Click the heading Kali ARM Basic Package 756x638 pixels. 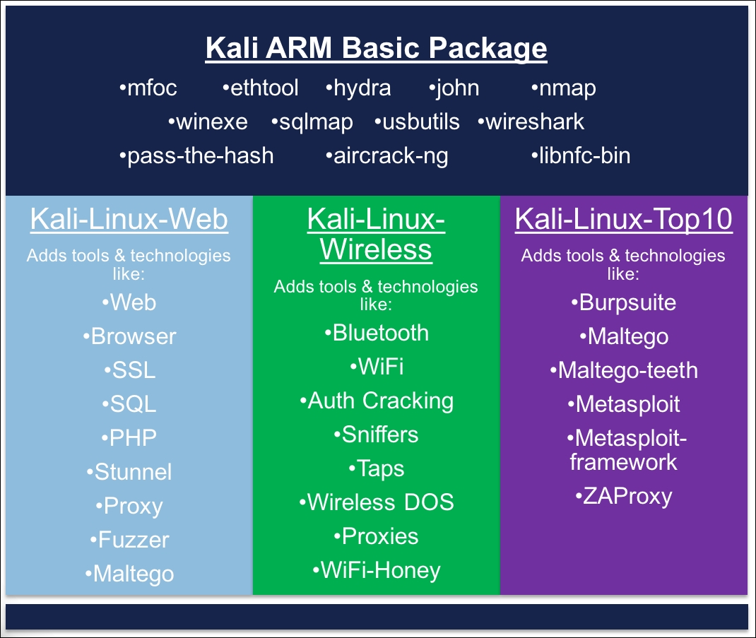tap(376, 48)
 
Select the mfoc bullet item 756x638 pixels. tap(148, 88)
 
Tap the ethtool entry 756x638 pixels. tap(260, 88)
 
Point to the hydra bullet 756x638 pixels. tap(358, 88)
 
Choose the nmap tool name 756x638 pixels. tap(563, 88)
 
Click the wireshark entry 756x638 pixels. tap(531, 122)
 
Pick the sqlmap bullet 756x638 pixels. tap(312, 122)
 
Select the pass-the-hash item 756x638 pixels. tap(196, 155)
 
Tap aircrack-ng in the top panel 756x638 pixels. tap(386, 155)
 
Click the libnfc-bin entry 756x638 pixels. tap(581, 155)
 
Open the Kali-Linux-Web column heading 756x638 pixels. tap(129, 220)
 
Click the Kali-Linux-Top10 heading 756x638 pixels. tap(624, 220)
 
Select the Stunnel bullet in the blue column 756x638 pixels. tap(129, 472)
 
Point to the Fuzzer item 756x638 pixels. tap(130, 540)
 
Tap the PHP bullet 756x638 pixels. tap(129, 438)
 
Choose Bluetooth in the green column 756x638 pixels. tap(377, 333)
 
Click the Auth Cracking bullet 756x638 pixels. tap(377, 401)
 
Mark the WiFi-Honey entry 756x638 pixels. tap(377, 571)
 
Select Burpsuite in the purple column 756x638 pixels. tap(624, 303)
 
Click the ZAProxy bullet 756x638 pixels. tap(624, 497)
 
